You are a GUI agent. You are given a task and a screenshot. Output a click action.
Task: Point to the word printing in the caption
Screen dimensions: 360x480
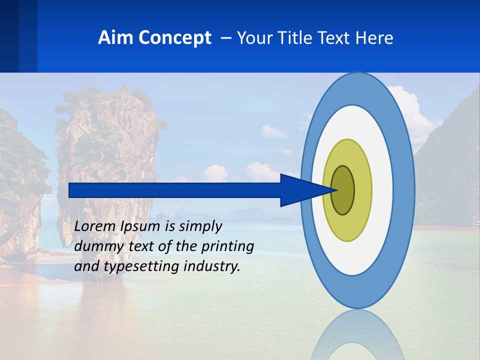(x=228, y=246)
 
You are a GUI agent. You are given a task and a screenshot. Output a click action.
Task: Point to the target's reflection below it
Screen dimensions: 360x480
(x=357, y=335)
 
